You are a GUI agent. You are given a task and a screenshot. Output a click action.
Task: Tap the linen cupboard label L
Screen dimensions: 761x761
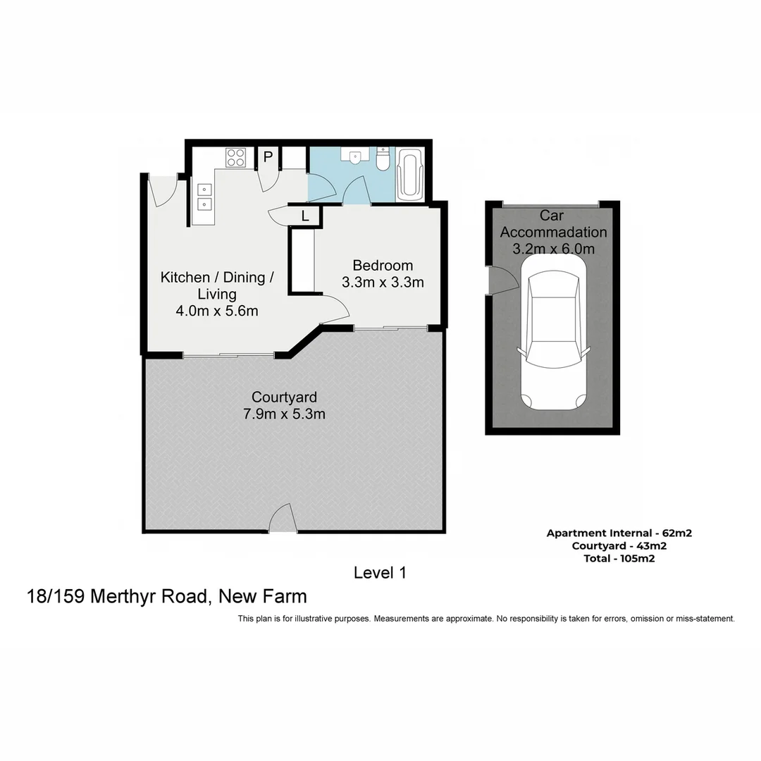305,216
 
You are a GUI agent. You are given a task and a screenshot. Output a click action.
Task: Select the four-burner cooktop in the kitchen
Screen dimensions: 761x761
235,158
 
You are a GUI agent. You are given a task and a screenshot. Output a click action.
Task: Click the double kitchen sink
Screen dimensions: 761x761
204,197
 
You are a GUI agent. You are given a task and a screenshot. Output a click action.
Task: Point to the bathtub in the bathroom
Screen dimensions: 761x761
409,174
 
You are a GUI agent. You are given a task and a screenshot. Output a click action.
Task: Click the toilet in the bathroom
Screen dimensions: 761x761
383,160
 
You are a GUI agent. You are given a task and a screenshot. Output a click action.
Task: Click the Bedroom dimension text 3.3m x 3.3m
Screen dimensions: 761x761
383,283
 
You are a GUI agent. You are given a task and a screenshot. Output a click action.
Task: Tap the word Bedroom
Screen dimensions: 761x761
383,266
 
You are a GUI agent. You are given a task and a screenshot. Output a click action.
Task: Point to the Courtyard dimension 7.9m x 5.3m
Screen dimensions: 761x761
284,414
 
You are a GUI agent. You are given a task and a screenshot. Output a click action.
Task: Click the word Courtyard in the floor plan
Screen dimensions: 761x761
284,397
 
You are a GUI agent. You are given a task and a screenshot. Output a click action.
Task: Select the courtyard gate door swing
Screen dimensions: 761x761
283,519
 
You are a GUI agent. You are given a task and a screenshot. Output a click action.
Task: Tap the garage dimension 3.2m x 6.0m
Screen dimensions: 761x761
553,249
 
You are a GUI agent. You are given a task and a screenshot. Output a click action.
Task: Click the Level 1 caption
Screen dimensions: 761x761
380,573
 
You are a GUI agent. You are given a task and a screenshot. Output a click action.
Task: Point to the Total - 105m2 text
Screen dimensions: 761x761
619,558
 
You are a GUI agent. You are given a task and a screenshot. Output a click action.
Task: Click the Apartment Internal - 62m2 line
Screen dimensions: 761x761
619,533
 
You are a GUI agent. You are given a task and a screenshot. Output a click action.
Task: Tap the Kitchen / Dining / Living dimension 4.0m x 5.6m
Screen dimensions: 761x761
217,311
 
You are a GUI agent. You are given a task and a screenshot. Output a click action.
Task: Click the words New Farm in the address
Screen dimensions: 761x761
263,597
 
